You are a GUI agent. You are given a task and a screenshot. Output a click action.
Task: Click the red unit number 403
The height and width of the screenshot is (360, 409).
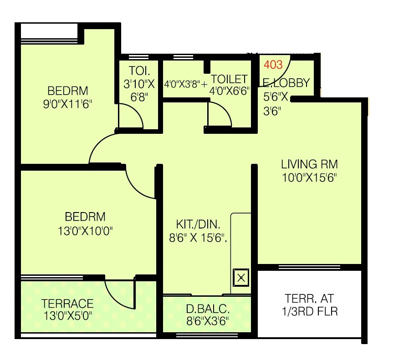click(x=273, y=65)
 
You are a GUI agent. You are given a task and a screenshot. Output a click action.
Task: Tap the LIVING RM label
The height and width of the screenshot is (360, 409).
click(x=309, y=164)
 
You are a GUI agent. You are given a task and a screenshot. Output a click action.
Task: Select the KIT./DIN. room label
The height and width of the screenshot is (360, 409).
click(x=198, y=224)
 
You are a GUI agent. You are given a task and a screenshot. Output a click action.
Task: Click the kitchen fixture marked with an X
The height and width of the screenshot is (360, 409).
click(x=241, y=277)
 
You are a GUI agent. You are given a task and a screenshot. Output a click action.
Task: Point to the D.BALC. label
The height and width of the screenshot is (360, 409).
click(x=207, y=309)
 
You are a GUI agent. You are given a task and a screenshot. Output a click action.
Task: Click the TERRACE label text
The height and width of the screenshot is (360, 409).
click(x=67, y=304)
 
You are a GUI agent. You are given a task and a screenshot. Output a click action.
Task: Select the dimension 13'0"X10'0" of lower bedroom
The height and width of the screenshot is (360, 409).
click(x=85, y=230)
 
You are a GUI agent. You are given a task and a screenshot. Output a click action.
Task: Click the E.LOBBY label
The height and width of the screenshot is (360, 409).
click(x=286, y=83)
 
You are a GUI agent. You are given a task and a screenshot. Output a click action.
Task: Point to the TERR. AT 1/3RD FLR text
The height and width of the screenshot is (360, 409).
click(x=309, y=305)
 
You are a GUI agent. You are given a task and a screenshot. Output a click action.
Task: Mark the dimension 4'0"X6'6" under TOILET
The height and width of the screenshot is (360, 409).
click(x=230, y=91)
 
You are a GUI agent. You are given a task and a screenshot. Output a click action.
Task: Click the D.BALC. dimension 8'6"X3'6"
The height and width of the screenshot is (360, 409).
click(x=207, y=321)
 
